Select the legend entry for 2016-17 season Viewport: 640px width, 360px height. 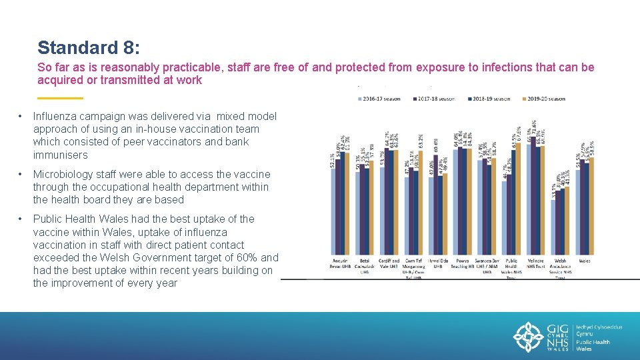380,99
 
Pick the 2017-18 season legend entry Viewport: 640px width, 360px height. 434,99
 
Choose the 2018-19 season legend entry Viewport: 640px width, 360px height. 489,99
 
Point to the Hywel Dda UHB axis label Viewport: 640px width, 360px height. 438,263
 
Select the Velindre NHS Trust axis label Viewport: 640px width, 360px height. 536,263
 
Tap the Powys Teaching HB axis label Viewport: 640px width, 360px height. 462,263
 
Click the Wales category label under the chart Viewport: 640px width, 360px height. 585,261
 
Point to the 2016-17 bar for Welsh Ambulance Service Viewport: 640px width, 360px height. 553,227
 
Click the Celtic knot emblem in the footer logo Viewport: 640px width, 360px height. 530,337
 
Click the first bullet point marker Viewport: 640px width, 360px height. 21,117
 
